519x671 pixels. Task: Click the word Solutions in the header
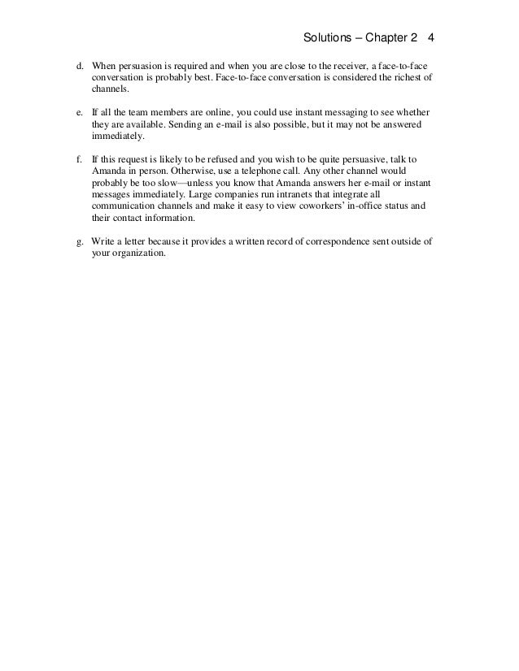pyautogui.click(x=325, y=38)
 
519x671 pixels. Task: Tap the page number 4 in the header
pyautogui.click(x=431, y=38)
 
